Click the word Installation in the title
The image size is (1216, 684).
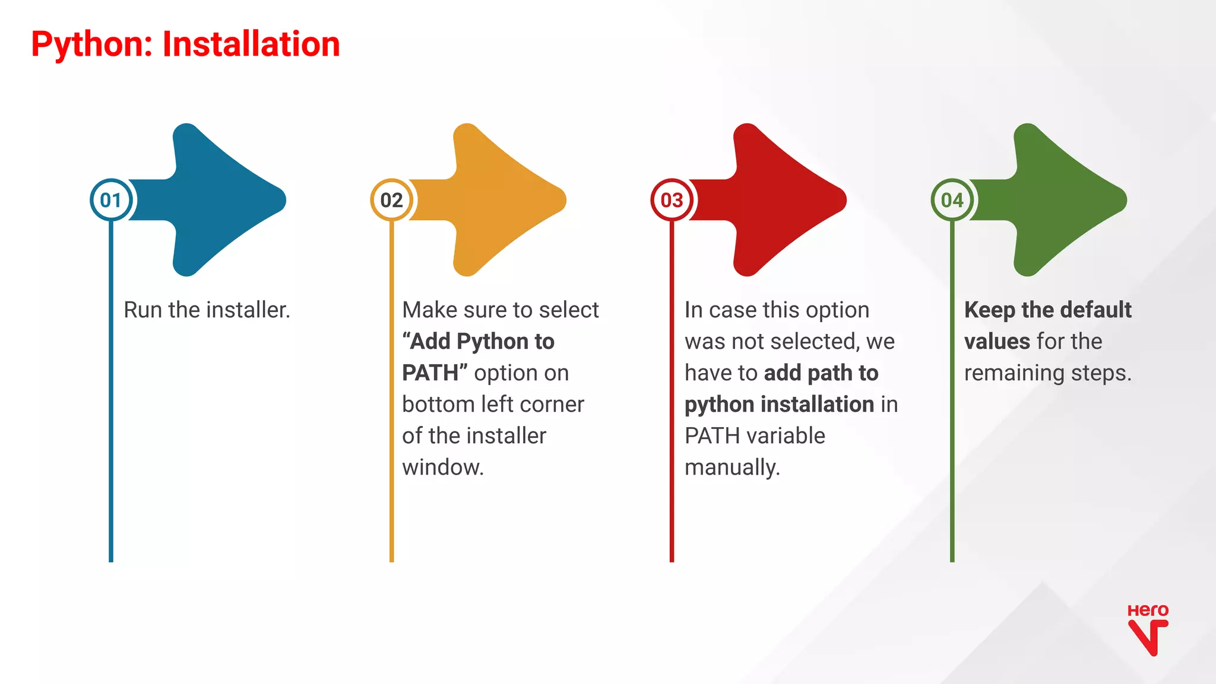tap(251, 45)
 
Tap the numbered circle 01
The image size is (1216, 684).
tap(111, 200)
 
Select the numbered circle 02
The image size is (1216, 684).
tap(391, 200)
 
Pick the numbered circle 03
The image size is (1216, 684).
tap(672, 200)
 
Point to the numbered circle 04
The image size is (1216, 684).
tap(952, 200)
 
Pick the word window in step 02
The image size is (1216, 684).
tap(442, 467)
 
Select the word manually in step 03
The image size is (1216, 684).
tap(731, 467)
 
